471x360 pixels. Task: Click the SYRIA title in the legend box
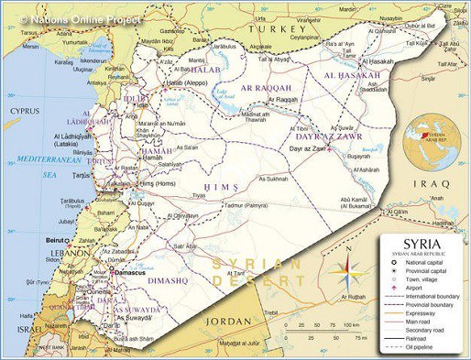[423, 245]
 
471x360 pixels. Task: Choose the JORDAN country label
[228, 322]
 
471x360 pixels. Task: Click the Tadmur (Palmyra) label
[246, 206]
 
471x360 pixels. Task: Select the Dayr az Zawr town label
[307, 148]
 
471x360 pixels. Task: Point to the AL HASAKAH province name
[352, 75]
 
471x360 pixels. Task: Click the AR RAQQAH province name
[265, 87]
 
